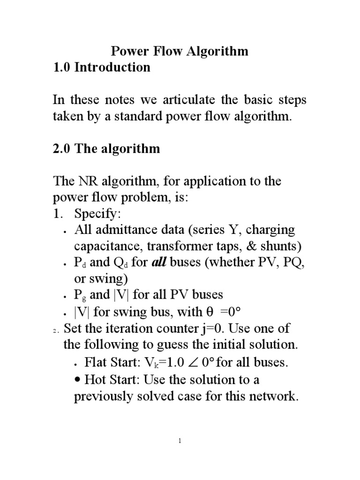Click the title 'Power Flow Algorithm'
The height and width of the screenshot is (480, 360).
point(179,51)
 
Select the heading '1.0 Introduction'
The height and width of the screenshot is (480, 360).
point(101,67)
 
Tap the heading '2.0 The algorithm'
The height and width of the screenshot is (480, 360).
point(106,149)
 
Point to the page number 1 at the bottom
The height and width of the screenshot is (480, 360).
point(180,441)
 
